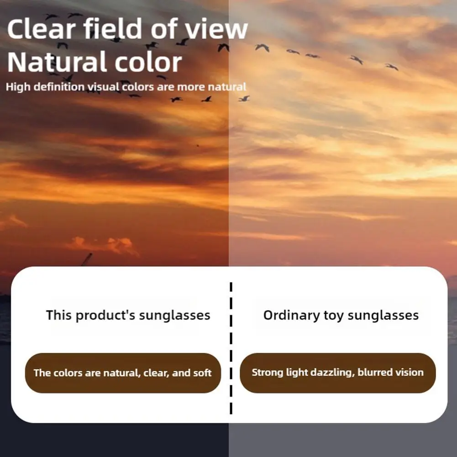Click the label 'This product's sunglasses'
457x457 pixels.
click(128, 315)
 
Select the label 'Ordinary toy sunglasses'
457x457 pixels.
click(341, 315)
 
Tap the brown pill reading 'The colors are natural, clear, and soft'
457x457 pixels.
click(122, 373)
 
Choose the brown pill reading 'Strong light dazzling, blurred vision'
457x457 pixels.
click(338, 373)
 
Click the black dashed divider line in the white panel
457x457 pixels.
click(231, 347)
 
